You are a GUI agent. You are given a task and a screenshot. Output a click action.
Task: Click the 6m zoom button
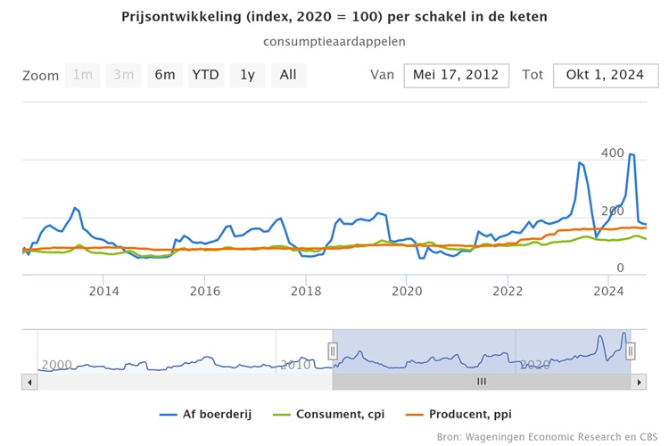[x=165, y=75]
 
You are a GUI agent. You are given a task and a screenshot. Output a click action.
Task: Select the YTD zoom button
[x=205, y=75]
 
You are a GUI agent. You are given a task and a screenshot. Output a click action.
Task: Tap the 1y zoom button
[x=247, y=75]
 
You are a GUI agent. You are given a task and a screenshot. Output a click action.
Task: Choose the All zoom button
[x=288, y=75]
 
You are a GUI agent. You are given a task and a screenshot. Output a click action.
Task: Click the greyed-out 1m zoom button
[x=83, y=75]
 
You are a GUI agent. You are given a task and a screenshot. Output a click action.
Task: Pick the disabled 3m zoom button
[x=123, y=75]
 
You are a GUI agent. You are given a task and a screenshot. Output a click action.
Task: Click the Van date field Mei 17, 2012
[x=457, y=75]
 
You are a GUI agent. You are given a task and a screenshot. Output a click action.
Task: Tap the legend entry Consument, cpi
[x=334, y=414]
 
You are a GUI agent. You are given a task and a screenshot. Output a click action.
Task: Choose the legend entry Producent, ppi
[x=462, y=414]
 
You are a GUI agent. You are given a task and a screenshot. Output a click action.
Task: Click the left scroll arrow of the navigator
[x=29, y=381]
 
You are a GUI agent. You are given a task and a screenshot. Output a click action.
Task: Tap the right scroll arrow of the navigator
[x=638, y=381]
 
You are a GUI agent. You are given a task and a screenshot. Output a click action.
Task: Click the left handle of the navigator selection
[x=333, y=351]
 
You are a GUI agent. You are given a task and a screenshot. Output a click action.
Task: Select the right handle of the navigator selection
[x=630, y=351]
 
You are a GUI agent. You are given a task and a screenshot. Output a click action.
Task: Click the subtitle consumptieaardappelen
[x=334, y=41]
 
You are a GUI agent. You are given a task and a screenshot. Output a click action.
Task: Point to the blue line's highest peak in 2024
[x=632, y=154]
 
